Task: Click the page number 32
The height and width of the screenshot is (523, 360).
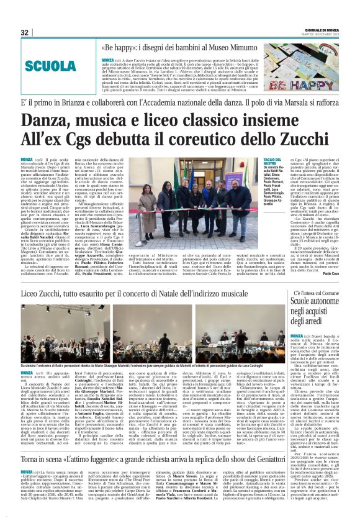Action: click(25, 32)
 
